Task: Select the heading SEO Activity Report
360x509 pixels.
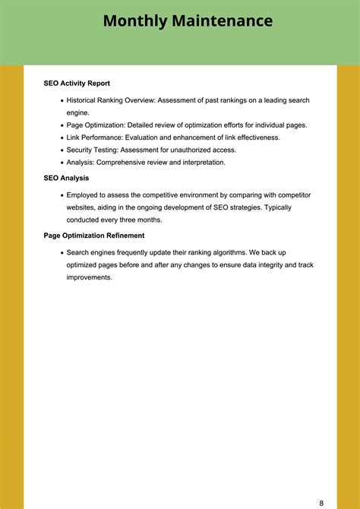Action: (x=77, y=84)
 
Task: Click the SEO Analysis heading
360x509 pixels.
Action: (x=67, y=178)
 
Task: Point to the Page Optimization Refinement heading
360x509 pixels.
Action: (x=94, y=236)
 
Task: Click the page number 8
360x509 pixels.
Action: (x=321, y=482)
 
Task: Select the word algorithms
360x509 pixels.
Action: (x=224, y=252)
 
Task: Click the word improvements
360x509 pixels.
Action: (x=89, y=277)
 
